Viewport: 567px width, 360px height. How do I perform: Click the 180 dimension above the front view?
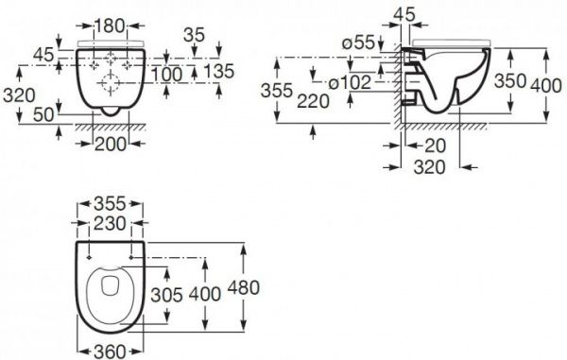(x=109, y=26)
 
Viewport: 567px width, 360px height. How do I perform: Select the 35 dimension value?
(x=194, y=35)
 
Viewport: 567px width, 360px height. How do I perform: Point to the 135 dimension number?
(x=219, y=71)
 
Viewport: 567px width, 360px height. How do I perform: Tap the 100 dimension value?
(x=166, y=75)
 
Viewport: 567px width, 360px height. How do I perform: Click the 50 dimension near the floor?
(x=43, y=115)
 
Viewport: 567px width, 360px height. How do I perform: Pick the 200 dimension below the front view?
(x=111, y=145)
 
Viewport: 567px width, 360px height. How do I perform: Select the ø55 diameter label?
(x=359, y=43)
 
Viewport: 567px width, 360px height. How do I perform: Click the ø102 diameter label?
(x=350, y=82)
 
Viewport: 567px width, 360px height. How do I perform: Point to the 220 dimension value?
(x=313, y=101)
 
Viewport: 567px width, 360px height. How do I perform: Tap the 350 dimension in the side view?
(x=510, y=81)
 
